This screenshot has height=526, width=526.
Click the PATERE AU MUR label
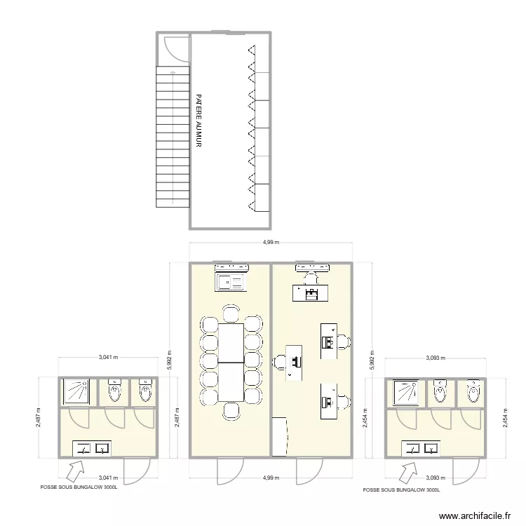point(199,121)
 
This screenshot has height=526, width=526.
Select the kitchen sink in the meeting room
point(231,282)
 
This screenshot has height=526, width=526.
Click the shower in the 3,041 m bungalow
point(77,392)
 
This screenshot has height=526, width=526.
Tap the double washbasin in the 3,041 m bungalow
point(93,447)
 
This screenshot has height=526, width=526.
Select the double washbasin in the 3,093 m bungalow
point(421,447)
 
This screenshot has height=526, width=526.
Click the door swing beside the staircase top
point(173,48)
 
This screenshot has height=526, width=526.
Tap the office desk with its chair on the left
point(294,360)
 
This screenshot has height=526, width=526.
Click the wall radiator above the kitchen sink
point(231,267)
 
